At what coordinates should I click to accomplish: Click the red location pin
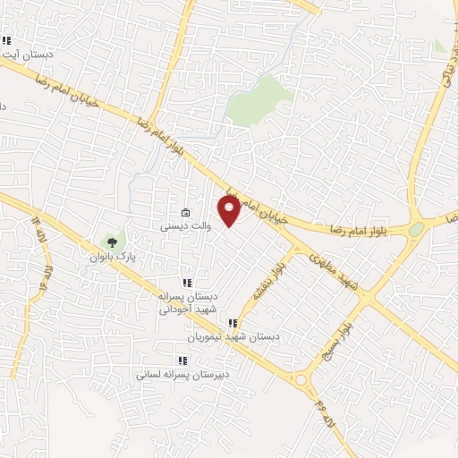click(230, 211)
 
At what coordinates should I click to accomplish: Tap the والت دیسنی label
click(185, 227)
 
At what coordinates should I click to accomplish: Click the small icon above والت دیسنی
click(185, 213)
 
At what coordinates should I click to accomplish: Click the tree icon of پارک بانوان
click(112, 241)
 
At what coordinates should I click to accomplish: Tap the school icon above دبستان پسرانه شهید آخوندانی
click(187, 283)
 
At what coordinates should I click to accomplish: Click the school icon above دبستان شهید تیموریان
click(233, 323)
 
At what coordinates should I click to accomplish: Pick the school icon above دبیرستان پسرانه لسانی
click(182, 360)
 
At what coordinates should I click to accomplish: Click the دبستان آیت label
click(27, 55)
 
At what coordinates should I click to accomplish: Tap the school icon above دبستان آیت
click(6, 40)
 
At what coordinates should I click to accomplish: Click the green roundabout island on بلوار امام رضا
click(415, 230)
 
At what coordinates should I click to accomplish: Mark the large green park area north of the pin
click(259, 98)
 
